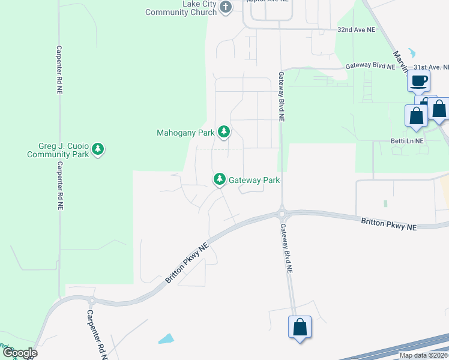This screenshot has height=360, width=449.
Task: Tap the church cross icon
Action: click(226, 7)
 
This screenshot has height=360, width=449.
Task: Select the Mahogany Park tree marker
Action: click(224, 131)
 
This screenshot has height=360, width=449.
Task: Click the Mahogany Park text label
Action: click(185, 133)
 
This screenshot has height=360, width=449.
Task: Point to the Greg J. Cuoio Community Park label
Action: click(58, 149)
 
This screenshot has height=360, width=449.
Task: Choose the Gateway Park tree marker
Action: click(220, 179)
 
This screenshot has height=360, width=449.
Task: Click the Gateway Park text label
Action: click(255, 180)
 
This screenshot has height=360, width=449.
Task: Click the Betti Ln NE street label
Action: click(407, 141)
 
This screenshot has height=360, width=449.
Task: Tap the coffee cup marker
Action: click(418, 80)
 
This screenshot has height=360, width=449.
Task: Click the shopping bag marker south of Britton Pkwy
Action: click(300, 328)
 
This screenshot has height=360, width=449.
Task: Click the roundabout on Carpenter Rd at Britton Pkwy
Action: click(91, 299)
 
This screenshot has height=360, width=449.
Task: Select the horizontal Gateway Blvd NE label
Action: click(370, 67)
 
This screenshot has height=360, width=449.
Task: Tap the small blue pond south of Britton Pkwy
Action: click(166, 338)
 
